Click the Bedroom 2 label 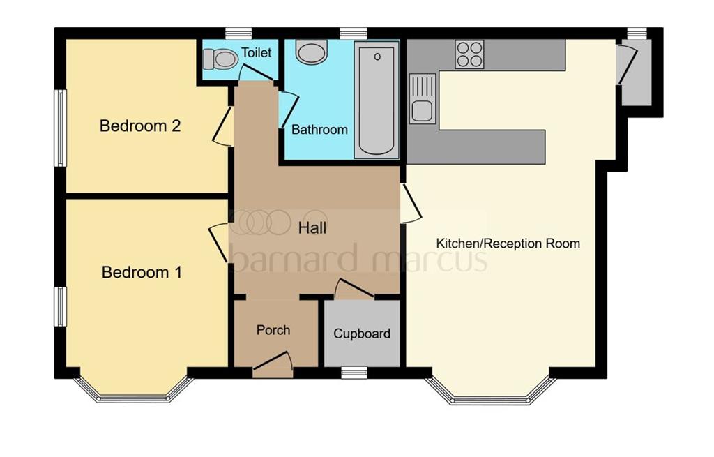[139, 126]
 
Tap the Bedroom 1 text [142, 273]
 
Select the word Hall [312, 228]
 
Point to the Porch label [273, 330]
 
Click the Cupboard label [362, 334]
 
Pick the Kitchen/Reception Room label [508, 244]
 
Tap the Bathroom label [319, 130]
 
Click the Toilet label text [257, 52]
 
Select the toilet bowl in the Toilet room [220, 59]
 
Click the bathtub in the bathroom [376, 100]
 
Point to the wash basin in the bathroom [312, 52]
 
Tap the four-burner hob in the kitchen [469, 54]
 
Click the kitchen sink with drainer [422, 99]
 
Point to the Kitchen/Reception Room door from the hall [411, 204]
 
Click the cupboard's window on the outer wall [354, 373]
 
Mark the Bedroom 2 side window [61, 128]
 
